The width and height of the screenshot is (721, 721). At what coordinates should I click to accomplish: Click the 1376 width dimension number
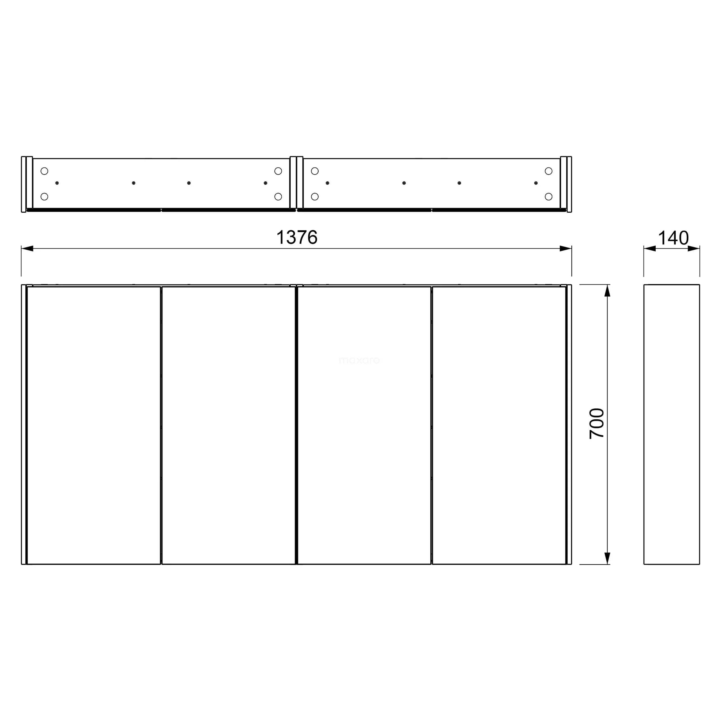point(297,237)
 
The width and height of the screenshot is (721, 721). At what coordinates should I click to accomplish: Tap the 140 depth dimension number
point(673,238)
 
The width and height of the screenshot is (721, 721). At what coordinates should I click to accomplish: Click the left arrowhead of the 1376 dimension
point(28,248)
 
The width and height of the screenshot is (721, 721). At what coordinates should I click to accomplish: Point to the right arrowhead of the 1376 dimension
point(565,248)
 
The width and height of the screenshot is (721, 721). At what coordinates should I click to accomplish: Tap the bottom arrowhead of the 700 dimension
point(607,558)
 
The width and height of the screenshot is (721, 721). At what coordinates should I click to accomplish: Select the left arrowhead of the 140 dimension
point(650,248)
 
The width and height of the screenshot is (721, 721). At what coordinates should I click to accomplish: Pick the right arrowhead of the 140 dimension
point(694,248)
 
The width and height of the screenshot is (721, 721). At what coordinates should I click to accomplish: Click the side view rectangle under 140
point(671,424)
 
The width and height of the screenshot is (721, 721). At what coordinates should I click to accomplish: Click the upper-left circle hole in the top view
point(44,171)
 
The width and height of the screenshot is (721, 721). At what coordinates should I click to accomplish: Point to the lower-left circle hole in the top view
point(44,197)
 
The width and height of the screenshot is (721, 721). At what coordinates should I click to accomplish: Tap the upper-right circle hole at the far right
point(548,171)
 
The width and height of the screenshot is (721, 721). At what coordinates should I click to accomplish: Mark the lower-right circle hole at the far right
point(548,197)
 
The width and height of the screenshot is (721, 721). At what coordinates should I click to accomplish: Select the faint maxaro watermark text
point(359,360)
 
